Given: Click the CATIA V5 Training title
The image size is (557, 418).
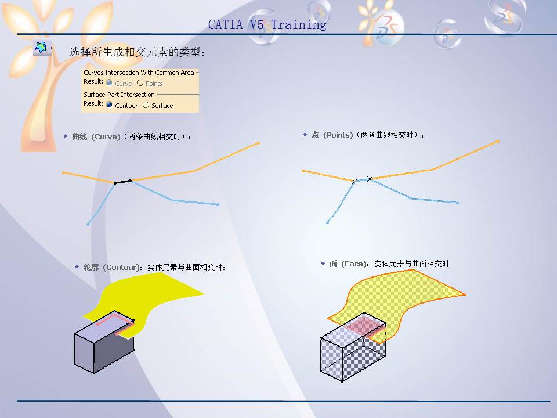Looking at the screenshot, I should (267, 25).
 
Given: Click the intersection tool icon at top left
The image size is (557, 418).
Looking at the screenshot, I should (41, 48).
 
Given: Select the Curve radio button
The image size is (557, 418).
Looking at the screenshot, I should (109, 83).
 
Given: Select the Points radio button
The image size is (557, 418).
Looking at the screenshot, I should (140, 83).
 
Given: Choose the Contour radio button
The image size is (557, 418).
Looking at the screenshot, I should (109, 105).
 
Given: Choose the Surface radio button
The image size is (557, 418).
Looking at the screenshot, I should (146, 105).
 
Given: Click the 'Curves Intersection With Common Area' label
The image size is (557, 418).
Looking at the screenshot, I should (139, 73).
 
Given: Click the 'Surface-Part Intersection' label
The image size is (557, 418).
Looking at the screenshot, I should (119, 95).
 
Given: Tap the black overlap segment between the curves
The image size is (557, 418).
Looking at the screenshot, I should (122, 182).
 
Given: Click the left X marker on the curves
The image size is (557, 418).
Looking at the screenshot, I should (355, 182).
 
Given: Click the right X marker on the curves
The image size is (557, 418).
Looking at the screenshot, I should (370, 179).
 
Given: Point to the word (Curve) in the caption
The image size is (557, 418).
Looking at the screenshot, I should (106, 136).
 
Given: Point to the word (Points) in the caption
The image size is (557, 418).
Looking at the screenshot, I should (338, 135).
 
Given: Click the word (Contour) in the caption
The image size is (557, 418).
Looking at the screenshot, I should (122, 267).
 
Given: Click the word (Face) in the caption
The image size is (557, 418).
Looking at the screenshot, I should (354, 264).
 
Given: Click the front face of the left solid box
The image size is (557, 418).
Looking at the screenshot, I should (84, 352).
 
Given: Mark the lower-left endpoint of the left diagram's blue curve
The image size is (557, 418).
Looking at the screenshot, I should (88, 224).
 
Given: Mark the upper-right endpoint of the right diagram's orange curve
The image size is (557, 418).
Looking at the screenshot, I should (498, 141).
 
